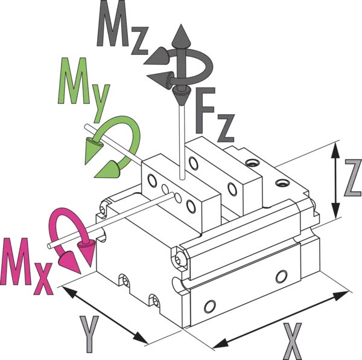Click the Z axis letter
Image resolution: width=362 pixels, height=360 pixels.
(352, 179)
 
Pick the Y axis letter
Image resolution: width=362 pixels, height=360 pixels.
(89, 335)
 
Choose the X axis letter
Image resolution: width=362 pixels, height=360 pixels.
(291, 341)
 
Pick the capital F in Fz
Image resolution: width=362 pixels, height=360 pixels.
(203, 112)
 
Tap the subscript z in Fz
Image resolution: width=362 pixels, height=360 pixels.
(225, 128)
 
